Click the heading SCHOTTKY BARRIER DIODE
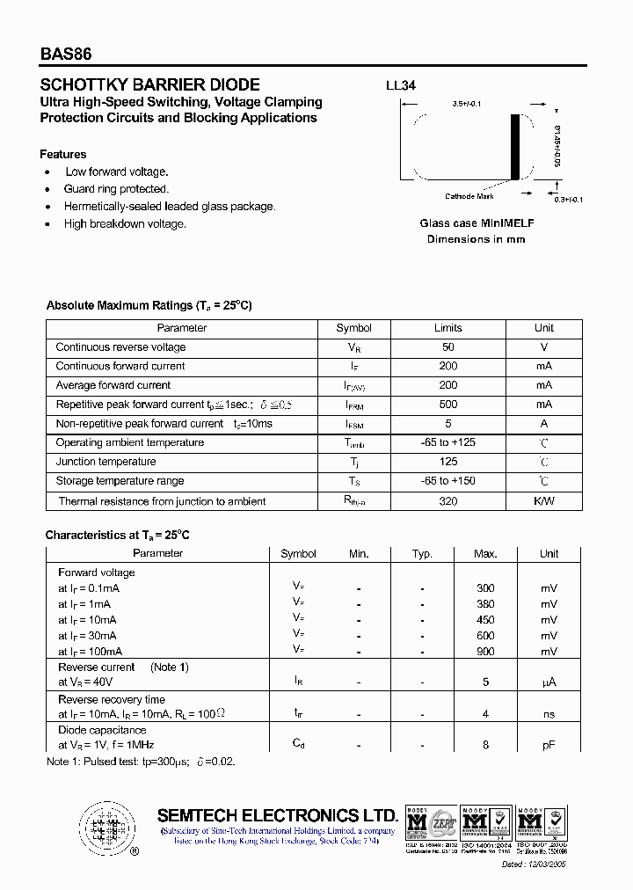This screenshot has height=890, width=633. tap(150, 85)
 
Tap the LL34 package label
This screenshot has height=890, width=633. tap(401, 86)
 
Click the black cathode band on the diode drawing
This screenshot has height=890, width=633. tap(516, 147)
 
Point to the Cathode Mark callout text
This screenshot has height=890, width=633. tap(469, 197)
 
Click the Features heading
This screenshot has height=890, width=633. tap(63, 154)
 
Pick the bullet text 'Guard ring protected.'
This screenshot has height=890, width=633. tap(116, 189)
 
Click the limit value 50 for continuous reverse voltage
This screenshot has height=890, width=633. tap(448, 347)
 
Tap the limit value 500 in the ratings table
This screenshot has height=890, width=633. tap(448, 405)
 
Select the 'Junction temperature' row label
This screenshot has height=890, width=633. tap(105, 462)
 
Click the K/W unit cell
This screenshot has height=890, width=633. tap(544, 501)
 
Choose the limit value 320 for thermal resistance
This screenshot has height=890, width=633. tap(448, 501)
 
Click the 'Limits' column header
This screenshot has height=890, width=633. tap(448, 328)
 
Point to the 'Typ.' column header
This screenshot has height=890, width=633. tap(423, 554)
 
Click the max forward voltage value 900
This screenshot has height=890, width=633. tap(485, 652)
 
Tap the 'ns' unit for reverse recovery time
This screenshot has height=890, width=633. tap(549, 714)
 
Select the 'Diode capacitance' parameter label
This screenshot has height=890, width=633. tap(102, 730)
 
